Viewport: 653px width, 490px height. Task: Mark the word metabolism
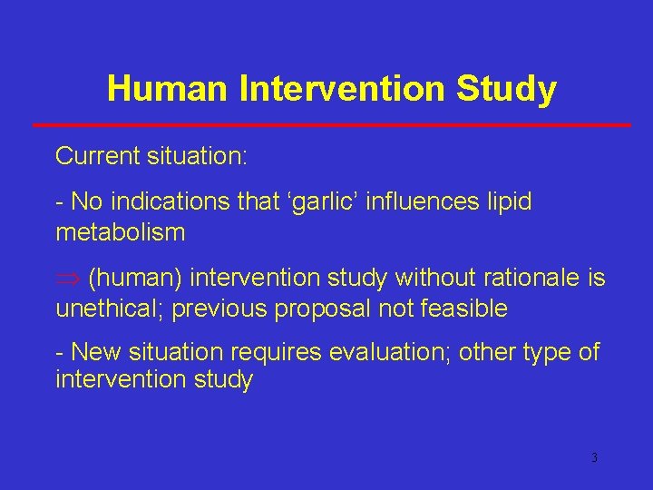coord(120,232)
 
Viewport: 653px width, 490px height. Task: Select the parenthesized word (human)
coord(134,278)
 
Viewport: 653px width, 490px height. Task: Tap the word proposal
coord(322,309)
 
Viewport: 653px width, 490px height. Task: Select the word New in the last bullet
coord(94,352)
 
